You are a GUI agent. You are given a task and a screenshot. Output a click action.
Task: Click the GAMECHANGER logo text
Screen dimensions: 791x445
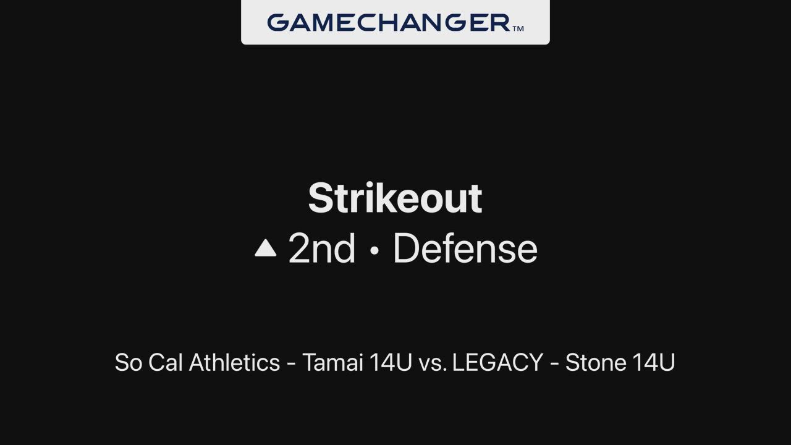pos(389,23)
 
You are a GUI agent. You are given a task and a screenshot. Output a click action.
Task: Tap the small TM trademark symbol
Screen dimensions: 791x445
pos(518,28)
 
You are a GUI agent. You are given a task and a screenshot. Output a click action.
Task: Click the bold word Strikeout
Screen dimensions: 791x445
pos(395,198)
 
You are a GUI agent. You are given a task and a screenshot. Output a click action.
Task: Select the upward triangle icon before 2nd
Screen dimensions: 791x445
pos(266,248)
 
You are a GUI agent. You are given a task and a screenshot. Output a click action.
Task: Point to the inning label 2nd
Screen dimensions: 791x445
pos(322,248)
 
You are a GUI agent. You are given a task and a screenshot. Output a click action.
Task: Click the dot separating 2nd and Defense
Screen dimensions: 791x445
pos(374,250)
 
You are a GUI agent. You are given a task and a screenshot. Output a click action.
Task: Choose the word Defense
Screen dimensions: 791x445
pos(465,248)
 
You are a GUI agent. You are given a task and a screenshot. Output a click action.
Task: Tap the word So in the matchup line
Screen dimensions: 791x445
pos(129,362)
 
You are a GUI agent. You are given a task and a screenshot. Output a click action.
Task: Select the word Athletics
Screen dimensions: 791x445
pos(234,362)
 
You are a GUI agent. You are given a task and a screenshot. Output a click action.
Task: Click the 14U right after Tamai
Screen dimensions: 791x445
pos(391,362)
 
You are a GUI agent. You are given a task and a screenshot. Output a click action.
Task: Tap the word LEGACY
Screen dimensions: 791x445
pos(497,362)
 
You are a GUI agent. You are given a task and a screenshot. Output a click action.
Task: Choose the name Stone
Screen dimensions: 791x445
pos(595,362)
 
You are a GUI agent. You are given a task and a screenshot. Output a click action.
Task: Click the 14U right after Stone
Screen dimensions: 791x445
pos(654,362)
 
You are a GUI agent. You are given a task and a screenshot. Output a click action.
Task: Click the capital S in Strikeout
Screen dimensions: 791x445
pos(320,198)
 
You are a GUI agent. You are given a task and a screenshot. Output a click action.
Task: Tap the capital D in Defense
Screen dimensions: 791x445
pos(406,248)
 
